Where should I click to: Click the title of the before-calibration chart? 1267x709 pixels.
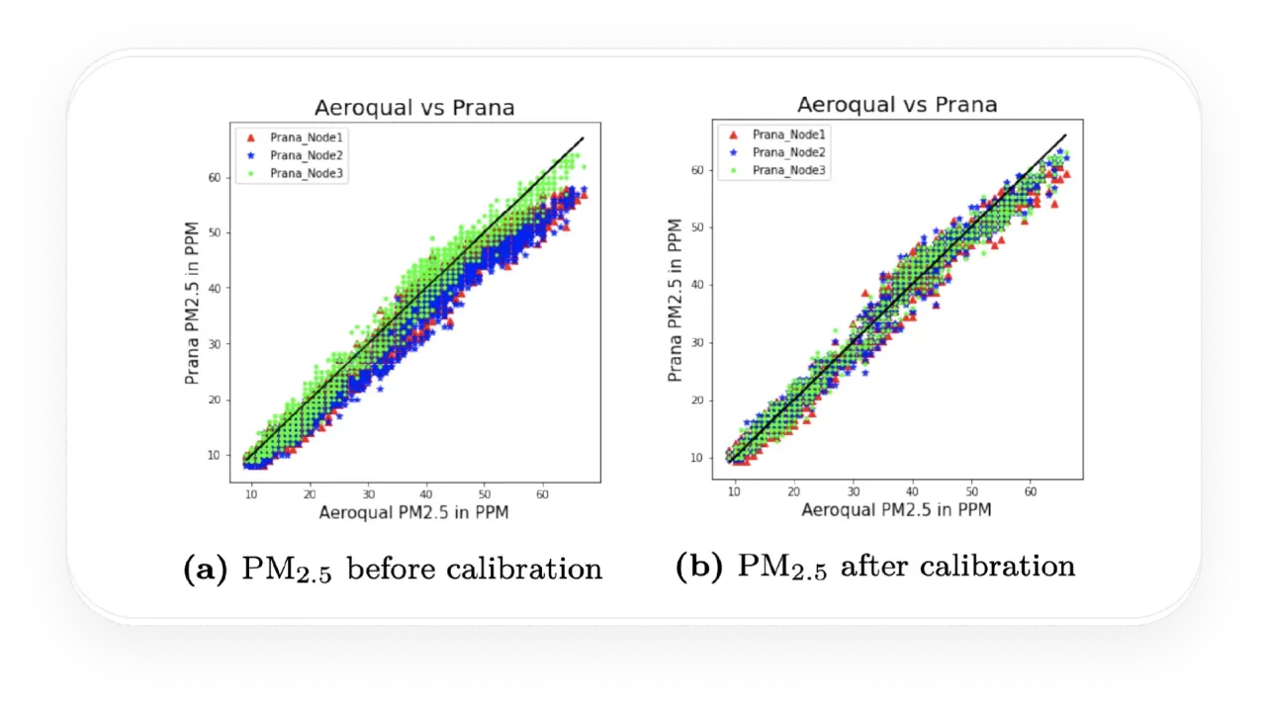[414, 108]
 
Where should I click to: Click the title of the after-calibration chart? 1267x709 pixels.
[897, 104]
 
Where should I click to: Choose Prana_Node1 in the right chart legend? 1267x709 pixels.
[790, 133]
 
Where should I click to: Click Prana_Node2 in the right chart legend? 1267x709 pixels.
[790, 152]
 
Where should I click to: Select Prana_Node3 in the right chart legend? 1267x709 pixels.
[790, 171]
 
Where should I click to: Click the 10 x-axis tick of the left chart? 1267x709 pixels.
[251, 492]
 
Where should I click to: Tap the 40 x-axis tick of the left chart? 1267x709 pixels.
[426, 492]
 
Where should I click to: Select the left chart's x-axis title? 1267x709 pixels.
[414, 514]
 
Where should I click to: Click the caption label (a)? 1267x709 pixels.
[204, 570]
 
